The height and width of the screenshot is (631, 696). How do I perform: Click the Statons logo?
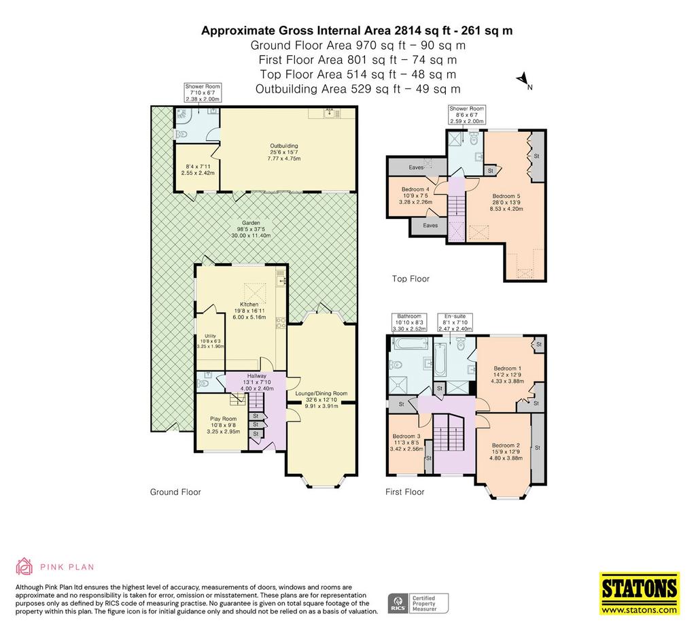point(640,594)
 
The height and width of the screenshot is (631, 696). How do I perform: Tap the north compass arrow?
point(523,80)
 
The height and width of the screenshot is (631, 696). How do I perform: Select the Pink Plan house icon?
point(24,566)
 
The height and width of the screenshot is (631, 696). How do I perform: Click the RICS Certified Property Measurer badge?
point(418,604)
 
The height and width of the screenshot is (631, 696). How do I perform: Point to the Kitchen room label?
point(249,304)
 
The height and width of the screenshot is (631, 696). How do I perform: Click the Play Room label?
point(223,418)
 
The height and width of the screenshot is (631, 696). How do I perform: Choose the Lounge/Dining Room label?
point(321,393)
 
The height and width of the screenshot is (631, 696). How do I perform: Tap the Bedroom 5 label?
point(506,196)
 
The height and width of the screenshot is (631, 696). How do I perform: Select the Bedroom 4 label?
point(415,189)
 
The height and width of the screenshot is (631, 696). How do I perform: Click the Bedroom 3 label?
point(406,436)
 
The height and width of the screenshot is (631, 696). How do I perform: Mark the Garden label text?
point(251,223)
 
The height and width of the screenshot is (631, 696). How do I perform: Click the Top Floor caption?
point(411,279)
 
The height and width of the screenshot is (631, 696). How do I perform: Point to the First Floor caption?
point(405,492)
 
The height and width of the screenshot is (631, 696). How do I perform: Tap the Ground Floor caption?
point(175,492)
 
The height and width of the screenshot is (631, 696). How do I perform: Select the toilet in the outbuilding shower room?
point(181,134)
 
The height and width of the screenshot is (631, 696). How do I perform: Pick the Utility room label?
point(211,336)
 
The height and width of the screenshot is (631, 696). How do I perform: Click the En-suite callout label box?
point(455,322)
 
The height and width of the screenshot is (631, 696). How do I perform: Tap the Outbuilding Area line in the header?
point(358,89)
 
